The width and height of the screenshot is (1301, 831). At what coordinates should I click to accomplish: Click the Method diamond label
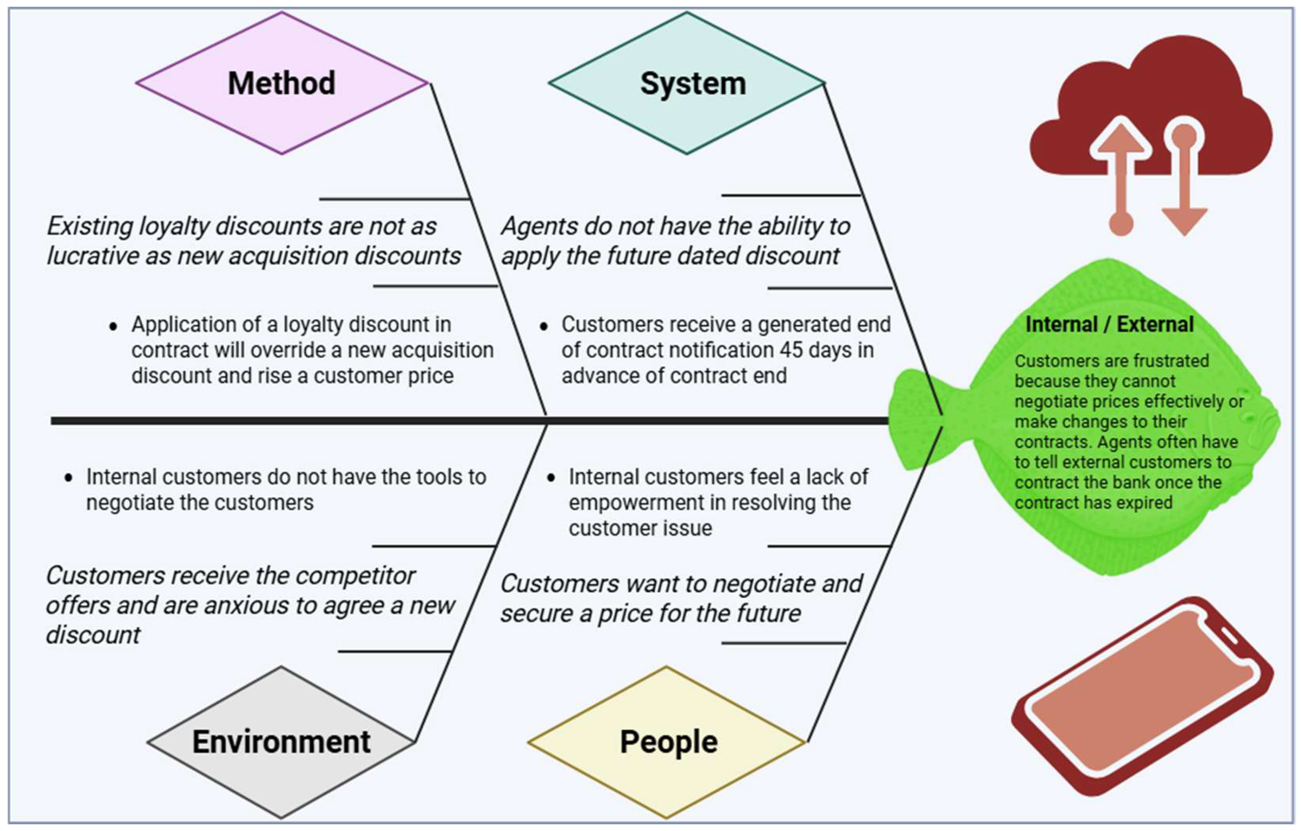(282, 83)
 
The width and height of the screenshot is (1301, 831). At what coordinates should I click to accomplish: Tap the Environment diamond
(281, 741)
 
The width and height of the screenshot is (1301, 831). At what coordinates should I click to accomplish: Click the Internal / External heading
(1109, 324)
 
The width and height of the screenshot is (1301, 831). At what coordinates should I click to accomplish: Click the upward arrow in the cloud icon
(1121, 162)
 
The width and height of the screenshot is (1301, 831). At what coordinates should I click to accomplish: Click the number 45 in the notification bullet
(791, 350)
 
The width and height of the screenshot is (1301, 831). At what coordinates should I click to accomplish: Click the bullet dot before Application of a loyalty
(113, 326)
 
